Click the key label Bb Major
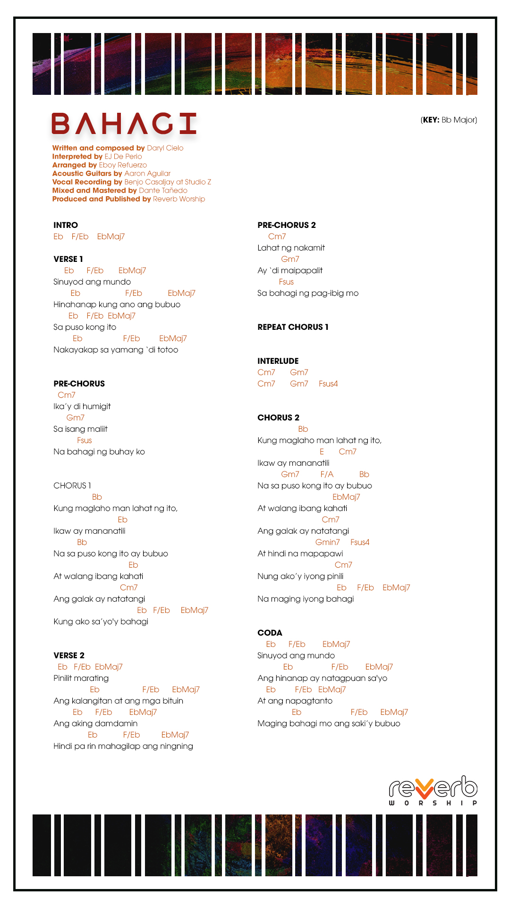(x=449, y=120)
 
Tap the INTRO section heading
(x=66, y=225)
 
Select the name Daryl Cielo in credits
(x=165, y=148)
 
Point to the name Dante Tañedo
(x=163, y=191)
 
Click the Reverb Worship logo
(x=433, y=790)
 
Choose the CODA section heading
(x=270, y=633)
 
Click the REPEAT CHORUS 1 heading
(x=293, y=327)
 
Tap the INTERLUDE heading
(x=278, y=361)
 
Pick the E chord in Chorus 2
(x=322, y=452)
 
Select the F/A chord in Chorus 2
(x=327, y=474)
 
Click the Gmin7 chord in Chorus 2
(x=327, y=542)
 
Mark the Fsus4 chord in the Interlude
(x=328, y=384)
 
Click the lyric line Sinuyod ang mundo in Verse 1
(x=92, y=282)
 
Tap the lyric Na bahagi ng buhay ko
(x=99, y=452)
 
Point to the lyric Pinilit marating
(x=81, y=678)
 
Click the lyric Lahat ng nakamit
(x=291, y=248)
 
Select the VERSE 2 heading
(x=69, y=655)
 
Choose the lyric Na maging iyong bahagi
(x=306, y=599)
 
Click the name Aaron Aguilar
(x=147, y=174)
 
